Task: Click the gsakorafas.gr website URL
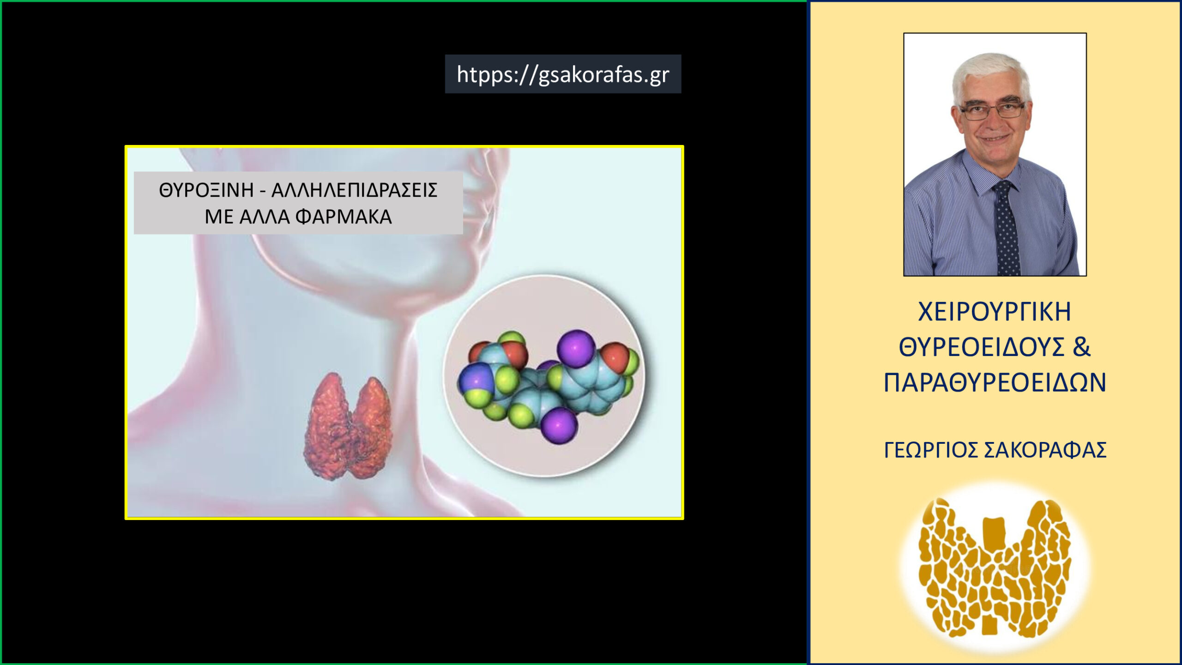point(563,74)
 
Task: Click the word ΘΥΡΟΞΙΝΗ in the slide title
point(206,190)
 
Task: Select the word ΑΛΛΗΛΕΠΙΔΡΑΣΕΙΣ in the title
point(354,190)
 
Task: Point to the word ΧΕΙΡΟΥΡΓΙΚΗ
point(995,312)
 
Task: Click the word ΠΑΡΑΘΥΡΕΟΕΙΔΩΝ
point(995,382)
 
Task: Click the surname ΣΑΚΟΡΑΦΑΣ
point(1045,450)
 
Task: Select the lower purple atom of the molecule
point(559,425)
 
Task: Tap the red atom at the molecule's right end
point(615,357)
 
